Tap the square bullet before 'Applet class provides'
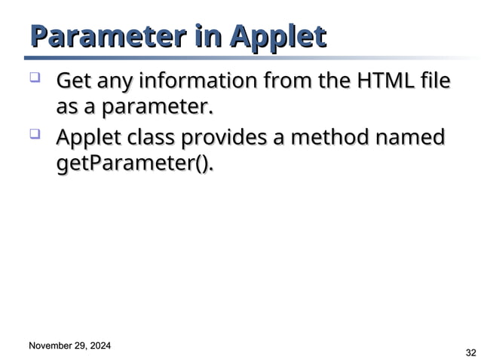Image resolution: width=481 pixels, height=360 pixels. (35, 135)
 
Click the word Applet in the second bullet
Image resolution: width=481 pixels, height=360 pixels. (90, 139)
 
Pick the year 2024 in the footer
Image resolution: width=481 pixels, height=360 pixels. (99, 346)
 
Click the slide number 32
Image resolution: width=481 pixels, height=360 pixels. (471, 352)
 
